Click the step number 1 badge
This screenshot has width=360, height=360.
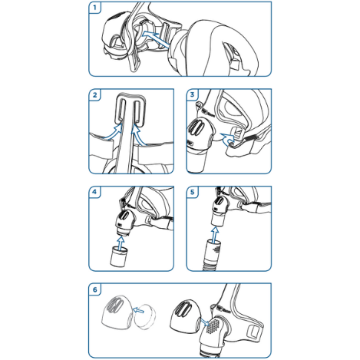(x=95, y=8)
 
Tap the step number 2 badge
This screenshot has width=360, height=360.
(x=95, y=96)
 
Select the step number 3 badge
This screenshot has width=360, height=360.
(x=193, y=96)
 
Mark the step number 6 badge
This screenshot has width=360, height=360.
(x=95, y=289)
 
